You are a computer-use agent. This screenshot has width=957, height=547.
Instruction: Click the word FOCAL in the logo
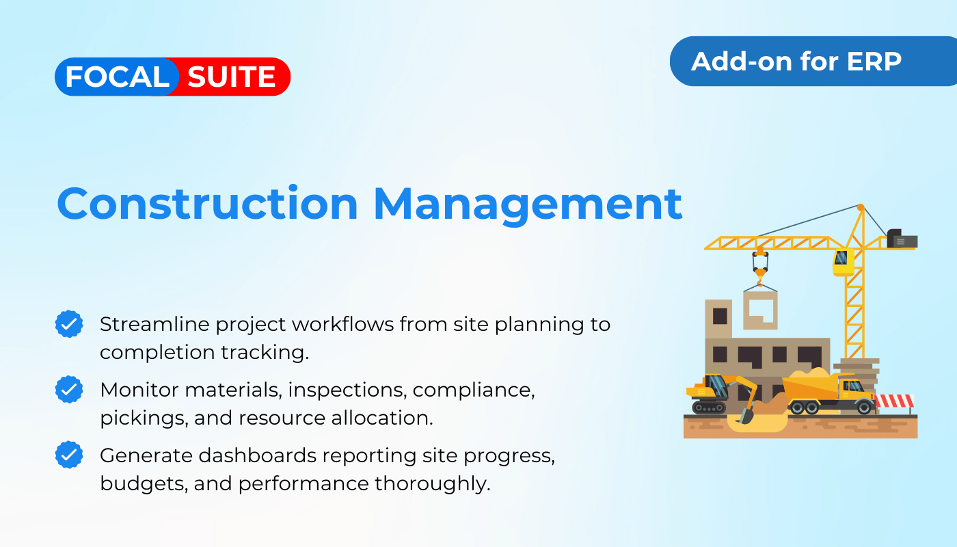pos(117,77)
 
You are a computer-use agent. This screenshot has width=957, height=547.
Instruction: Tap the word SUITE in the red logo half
pos(232,77)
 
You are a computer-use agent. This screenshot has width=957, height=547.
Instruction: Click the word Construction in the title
pos(207,204)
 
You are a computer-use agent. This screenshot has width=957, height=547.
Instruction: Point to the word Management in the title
pos(528,206)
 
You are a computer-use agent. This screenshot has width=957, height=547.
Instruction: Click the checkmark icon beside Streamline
pos(69,324)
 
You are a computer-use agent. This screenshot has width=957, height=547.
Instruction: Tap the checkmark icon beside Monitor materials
pos(69,389)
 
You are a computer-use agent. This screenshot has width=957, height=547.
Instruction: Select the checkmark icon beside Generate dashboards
pos(69,455)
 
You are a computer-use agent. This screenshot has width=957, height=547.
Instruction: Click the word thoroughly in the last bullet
pos(432,484)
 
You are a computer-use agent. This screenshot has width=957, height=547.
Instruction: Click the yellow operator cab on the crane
pos(843,261)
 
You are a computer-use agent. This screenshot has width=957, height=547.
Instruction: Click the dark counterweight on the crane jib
pos(902,239)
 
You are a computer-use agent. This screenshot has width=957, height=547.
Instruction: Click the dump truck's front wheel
pos(864,407)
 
